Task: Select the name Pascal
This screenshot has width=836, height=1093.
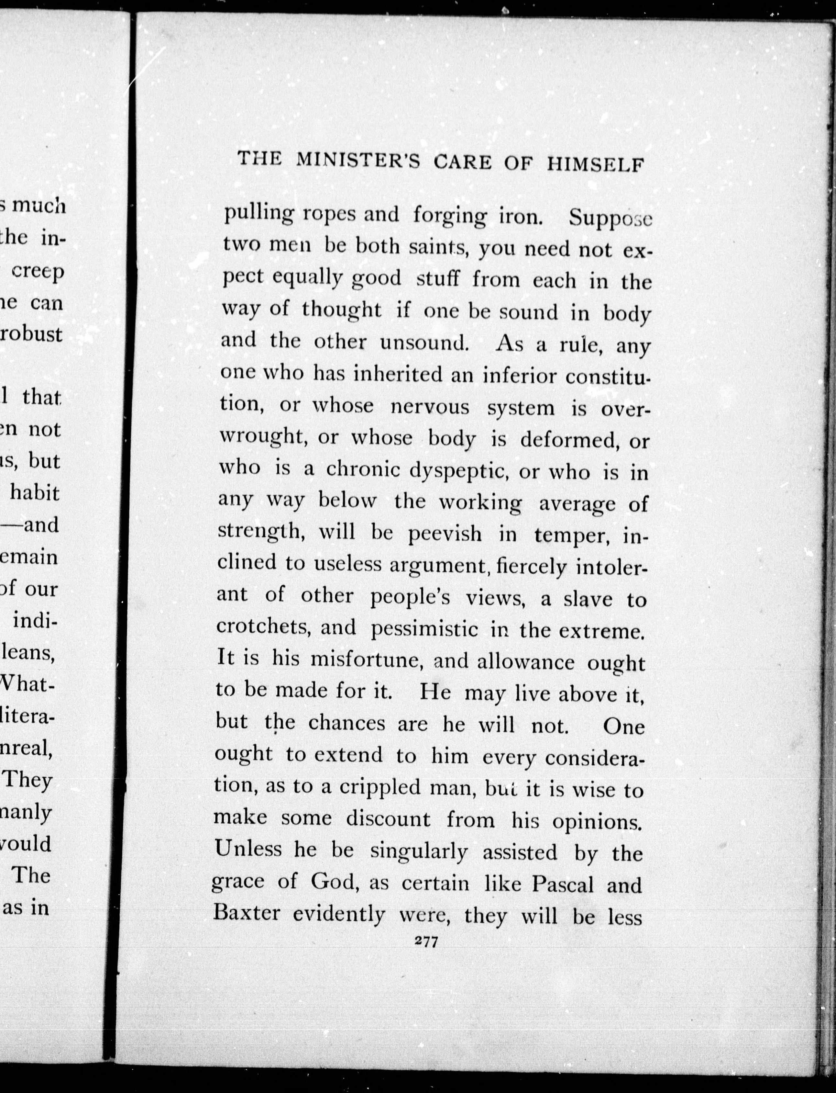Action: [x=563, y=885]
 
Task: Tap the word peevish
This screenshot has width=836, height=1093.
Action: [x=445, y=534]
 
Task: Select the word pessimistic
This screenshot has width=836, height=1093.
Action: [x=424, y=629]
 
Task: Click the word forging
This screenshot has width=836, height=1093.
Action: [x=450, y=216]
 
